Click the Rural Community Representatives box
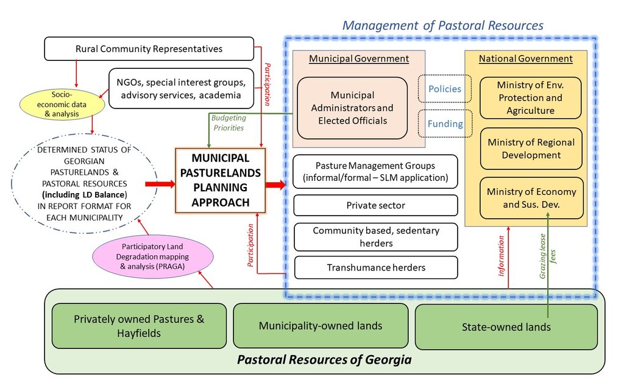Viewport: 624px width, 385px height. tap(149, 49)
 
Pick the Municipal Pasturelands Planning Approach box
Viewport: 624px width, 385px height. tap(221, 180)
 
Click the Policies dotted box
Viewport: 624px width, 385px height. tap(445, 90)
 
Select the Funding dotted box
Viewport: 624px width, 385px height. tap(445, 124)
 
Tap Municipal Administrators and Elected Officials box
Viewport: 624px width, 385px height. tap(352, 108)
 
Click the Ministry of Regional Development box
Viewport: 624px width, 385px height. tap(531, 149)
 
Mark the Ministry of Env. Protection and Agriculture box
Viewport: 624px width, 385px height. tap(531, 97)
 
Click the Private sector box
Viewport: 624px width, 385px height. tap(375, 205)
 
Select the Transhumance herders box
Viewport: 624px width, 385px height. tap(375, 267)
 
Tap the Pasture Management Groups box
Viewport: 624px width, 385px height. tap(375, 172)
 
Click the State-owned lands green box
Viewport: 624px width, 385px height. tap(506, 327)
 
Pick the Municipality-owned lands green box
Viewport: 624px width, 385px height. tap(321, 326)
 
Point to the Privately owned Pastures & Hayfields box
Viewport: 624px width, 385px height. tap(139, 326)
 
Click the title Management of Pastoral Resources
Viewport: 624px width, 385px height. tap(442, 25)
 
